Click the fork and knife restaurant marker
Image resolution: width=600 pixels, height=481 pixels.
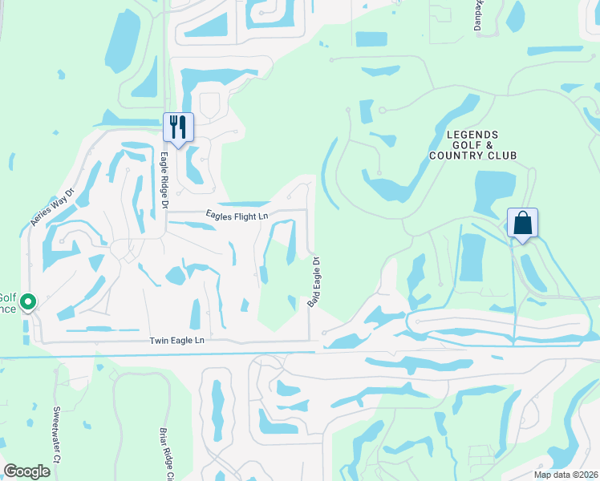tap(178, 127)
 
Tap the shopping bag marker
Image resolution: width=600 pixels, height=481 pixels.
tap(522, 223)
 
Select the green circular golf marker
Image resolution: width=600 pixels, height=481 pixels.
tap(28, 302)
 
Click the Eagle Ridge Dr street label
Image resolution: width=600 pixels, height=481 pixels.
tap(164, 181)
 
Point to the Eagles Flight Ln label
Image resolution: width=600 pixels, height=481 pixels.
tap(237, 215)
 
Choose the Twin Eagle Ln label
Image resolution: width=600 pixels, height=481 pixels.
tap(177, 341)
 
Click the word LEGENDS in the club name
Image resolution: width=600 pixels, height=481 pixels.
tap(472, 135)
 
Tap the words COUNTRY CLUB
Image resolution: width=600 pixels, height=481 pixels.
tap(472, 156)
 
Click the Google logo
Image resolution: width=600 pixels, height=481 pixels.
tap(26, 471)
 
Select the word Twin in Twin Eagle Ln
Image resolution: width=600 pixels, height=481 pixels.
tap(159, 341)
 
